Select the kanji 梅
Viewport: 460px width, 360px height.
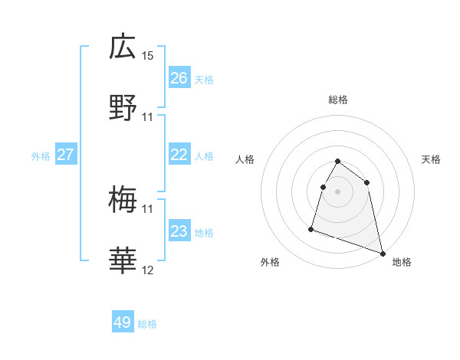click(x=123, y=201)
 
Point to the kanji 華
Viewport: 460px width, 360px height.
click(x=123, y=262)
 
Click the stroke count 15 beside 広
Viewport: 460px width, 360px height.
click(x=148, y=56)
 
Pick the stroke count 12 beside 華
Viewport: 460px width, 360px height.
click(x=148, y=270)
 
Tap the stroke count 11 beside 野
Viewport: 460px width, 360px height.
click(x=148, y=117)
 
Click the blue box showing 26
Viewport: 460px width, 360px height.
click(x=179, y=78)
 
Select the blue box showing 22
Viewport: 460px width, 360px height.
click(x=179, y=155)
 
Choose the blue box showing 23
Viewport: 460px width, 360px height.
click(x=179, y=231)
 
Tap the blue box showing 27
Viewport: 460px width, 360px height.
click(x=65, y=155)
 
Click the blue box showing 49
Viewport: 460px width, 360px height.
click(x=122, y=322)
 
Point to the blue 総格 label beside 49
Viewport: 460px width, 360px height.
click(x=147, y=324)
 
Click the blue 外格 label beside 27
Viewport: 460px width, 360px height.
click(x=41, y=156)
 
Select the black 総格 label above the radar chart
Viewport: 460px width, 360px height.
click(x=338, y=100)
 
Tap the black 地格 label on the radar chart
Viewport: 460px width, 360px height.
click(x=402, y=262)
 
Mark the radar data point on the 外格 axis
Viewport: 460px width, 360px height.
click(x=311, y=228)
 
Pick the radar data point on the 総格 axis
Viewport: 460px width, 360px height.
click(x=338, y=162)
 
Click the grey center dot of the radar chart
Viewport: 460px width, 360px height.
click(x=338, y=191)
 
